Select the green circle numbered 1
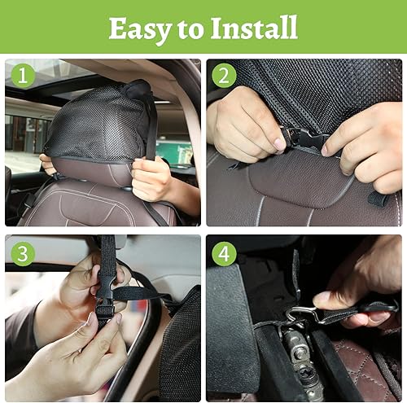[22, 76]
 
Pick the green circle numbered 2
[224, 76]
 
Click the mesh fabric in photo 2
[326, 90]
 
